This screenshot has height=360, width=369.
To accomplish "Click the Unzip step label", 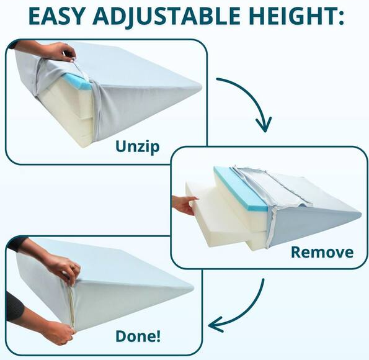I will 137,147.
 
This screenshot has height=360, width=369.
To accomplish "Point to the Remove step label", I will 322,252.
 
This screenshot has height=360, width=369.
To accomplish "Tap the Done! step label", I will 138,336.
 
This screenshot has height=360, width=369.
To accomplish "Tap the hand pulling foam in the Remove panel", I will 184,203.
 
